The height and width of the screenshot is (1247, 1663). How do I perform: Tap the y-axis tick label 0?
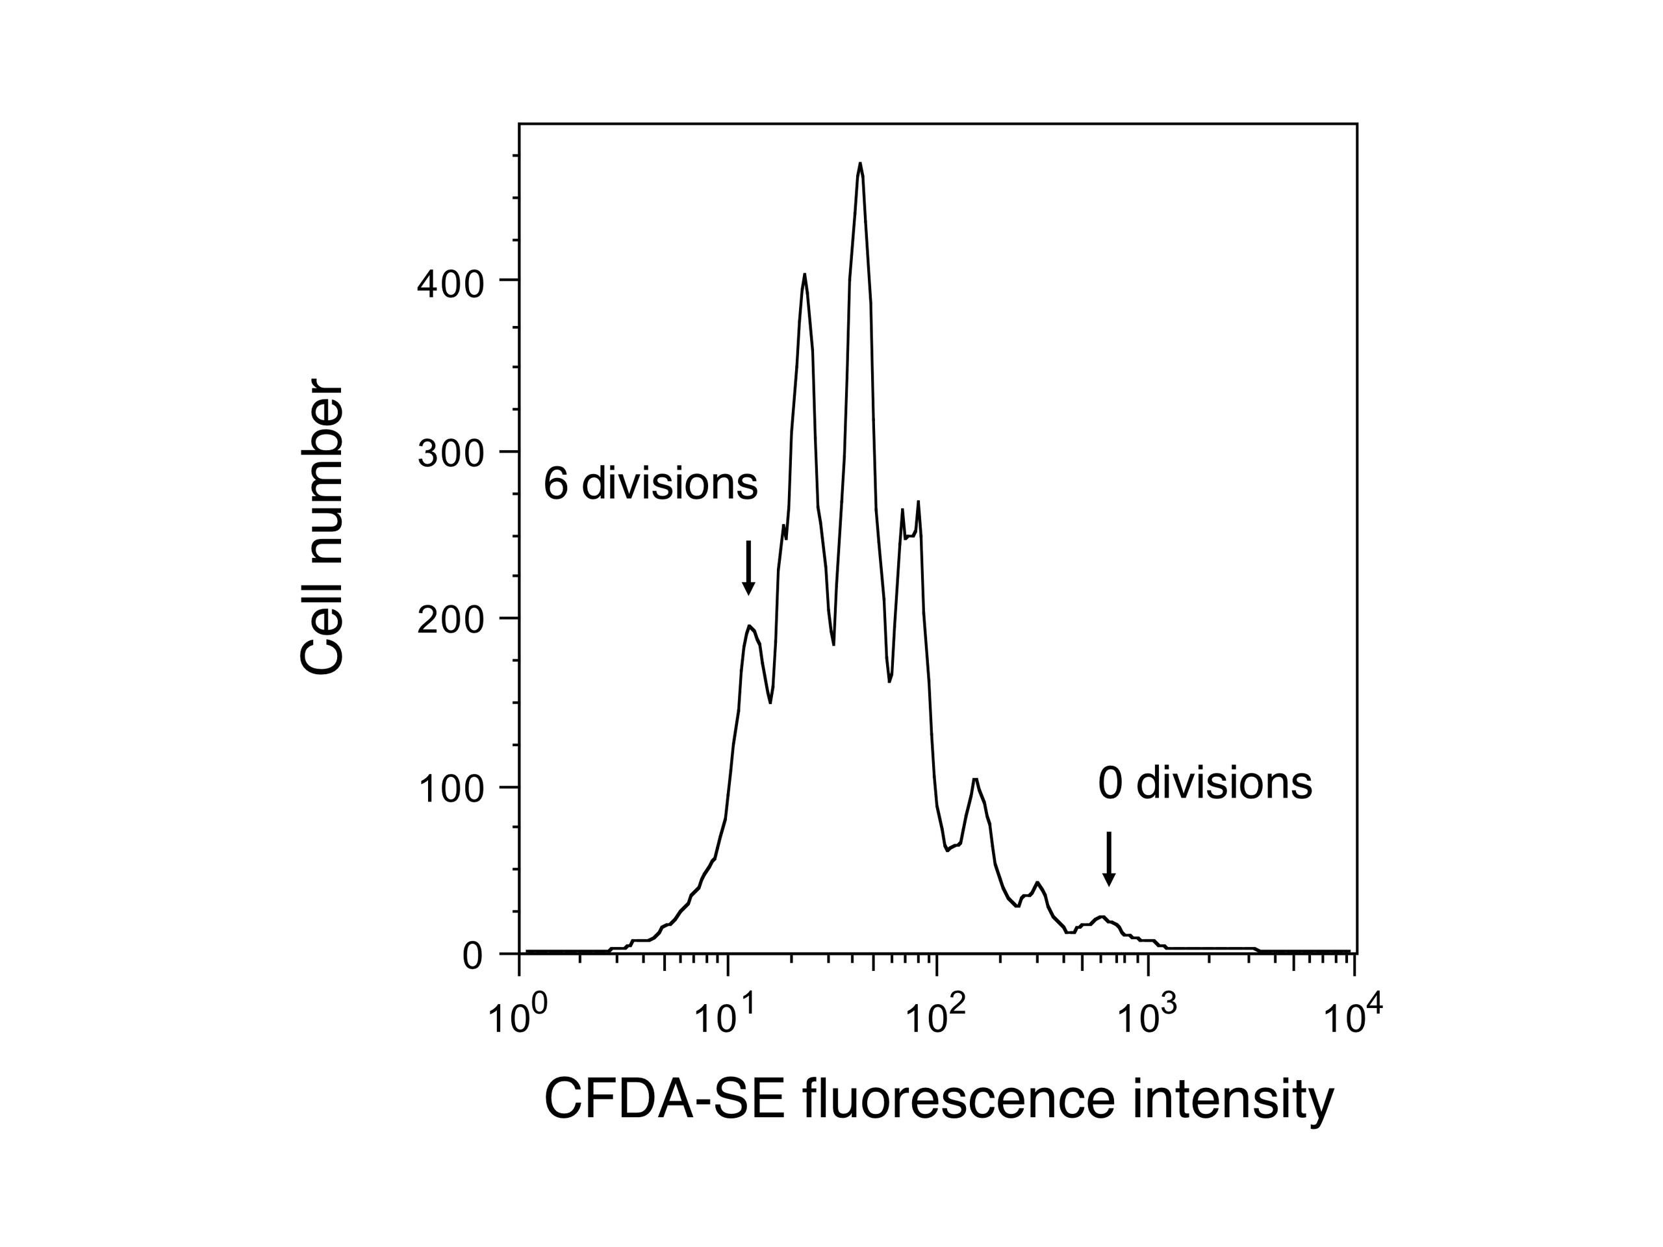[472, 957]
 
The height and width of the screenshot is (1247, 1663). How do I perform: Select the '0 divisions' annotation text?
[1205, 784]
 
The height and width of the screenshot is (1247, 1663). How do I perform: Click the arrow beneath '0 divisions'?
[1109, 859]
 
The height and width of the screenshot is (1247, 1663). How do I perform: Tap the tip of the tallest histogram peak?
[860, 164]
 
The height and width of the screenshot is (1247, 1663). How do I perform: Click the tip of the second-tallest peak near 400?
[804, 275]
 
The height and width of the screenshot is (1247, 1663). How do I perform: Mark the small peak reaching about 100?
[975, 780]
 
